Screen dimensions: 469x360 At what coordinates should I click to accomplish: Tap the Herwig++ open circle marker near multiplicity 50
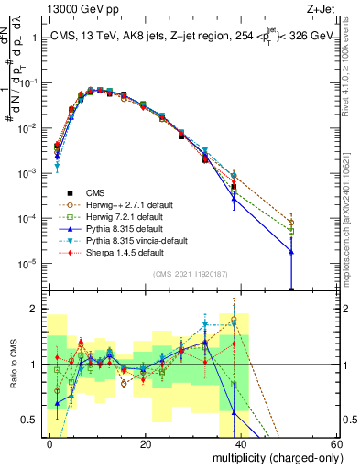(x=291, y=223)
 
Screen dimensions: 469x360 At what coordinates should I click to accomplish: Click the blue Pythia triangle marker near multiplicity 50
(x=291, y=251)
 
